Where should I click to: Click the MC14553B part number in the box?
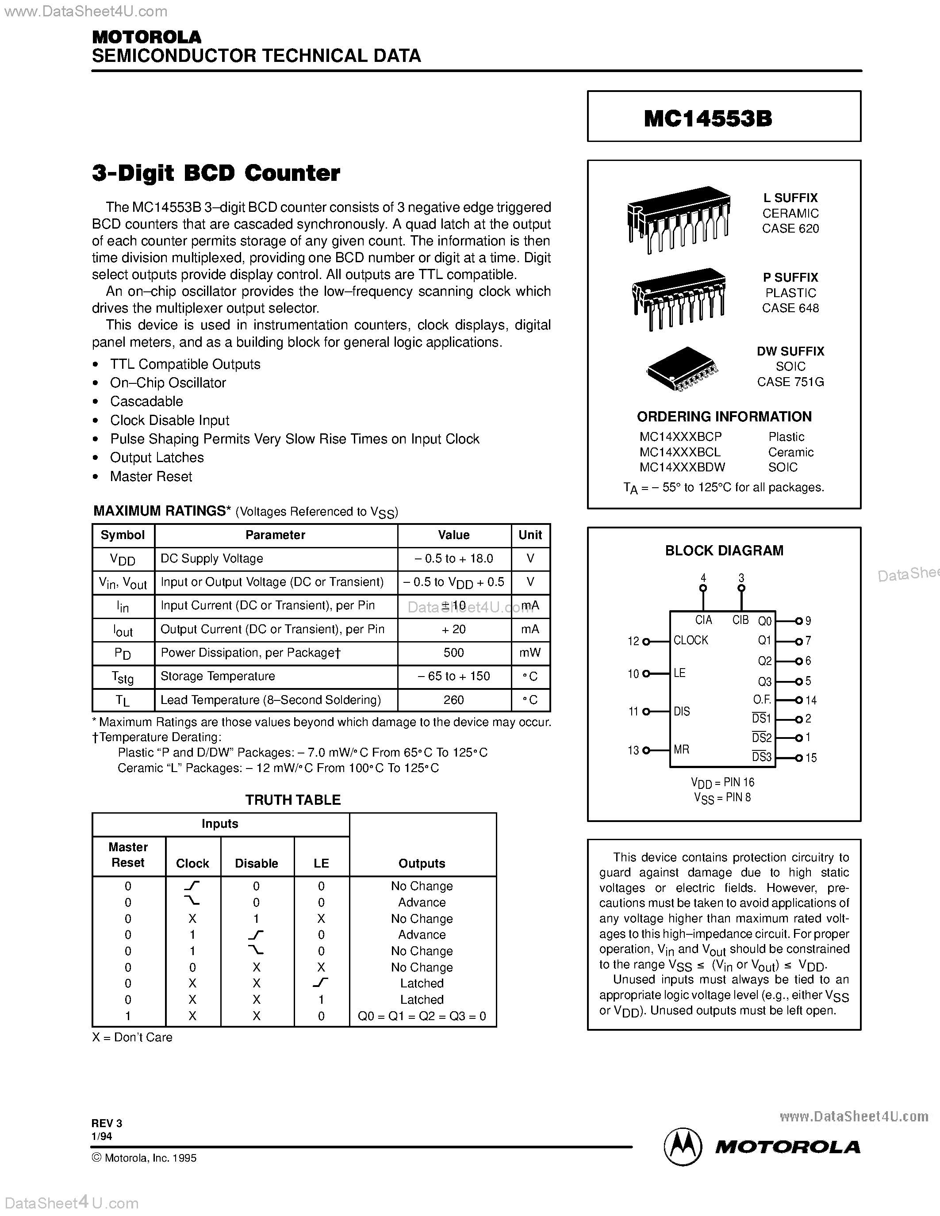click(708, 119)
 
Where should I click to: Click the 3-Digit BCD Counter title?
click(216, 173)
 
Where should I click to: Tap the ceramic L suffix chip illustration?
click(678, 219)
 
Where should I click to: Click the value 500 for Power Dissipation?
click(454, 653)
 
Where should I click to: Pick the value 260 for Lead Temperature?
click(454, 700)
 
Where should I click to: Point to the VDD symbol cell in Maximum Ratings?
click(123, 559)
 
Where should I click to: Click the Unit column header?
click(529, 535)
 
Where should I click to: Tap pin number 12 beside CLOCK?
click(633, 642)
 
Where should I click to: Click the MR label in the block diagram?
click(682, 749)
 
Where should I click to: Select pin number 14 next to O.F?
click(811, 700)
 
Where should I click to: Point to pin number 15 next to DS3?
click(811, 758)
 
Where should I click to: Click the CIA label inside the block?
click(704, 619)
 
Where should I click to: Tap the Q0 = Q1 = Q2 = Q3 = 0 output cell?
click(422, 1016)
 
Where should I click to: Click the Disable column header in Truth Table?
click(256, 863)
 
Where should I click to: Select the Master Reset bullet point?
click(151, 477)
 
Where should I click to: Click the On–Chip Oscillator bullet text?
click(168, 383)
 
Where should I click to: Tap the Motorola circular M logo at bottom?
click(682, 1147)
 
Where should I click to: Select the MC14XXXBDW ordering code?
click(682, 468)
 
